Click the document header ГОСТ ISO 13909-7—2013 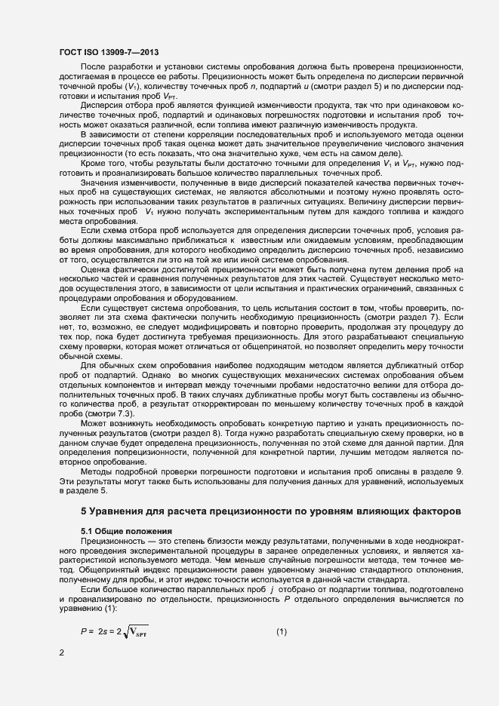point(109,52)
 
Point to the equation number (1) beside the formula point(282,610)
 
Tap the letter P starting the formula point(84,610)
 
